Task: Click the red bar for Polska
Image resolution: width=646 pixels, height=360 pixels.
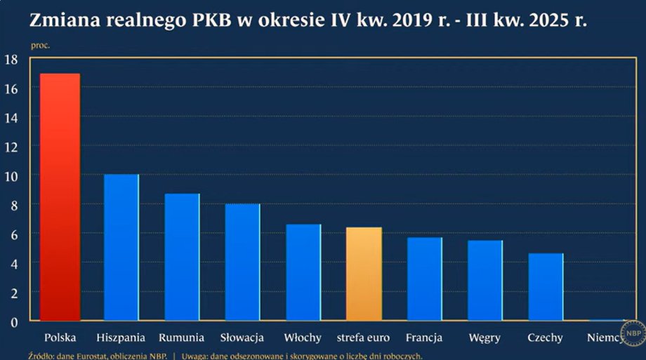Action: pos(60,197)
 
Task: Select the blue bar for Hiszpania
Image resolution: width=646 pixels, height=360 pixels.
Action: pos(121,247)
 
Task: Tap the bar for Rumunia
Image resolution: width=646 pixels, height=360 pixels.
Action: pos(182,257)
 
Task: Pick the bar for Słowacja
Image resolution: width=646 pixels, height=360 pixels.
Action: pos(242,262)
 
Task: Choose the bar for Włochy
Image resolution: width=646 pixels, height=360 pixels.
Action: pos(303,272)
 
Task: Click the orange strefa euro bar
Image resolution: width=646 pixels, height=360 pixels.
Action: pos(364,274)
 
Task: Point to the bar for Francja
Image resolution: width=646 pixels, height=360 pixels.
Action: pos(425,279)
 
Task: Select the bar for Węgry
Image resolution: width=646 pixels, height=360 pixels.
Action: pos(485,280)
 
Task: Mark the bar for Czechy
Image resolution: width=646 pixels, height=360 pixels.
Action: pos(546,287)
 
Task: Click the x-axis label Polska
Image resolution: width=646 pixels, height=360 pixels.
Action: pos(60,338)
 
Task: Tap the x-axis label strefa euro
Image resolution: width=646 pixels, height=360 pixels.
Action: pos(364,338)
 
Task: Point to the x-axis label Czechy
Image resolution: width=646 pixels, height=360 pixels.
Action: pos(546,338)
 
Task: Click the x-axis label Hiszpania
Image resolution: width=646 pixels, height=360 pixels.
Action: pos(121,338)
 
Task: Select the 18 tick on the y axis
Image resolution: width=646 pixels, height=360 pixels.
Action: pos(11,60)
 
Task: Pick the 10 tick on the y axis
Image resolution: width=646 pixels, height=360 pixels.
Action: pos(11,175)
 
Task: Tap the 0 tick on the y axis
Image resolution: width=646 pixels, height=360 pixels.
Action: pos(13,321)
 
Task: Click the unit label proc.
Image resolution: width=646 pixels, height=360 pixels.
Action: pos(41,45)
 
